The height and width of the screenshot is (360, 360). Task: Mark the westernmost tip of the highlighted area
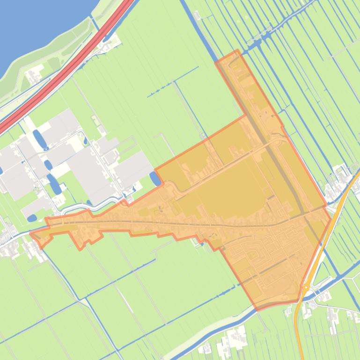30,233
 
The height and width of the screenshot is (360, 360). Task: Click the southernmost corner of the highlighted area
257,310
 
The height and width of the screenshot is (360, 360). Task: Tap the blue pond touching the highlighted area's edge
154,178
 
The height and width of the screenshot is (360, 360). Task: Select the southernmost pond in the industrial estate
32,218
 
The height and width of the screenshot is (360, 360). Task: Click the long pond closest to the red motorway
39,138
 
